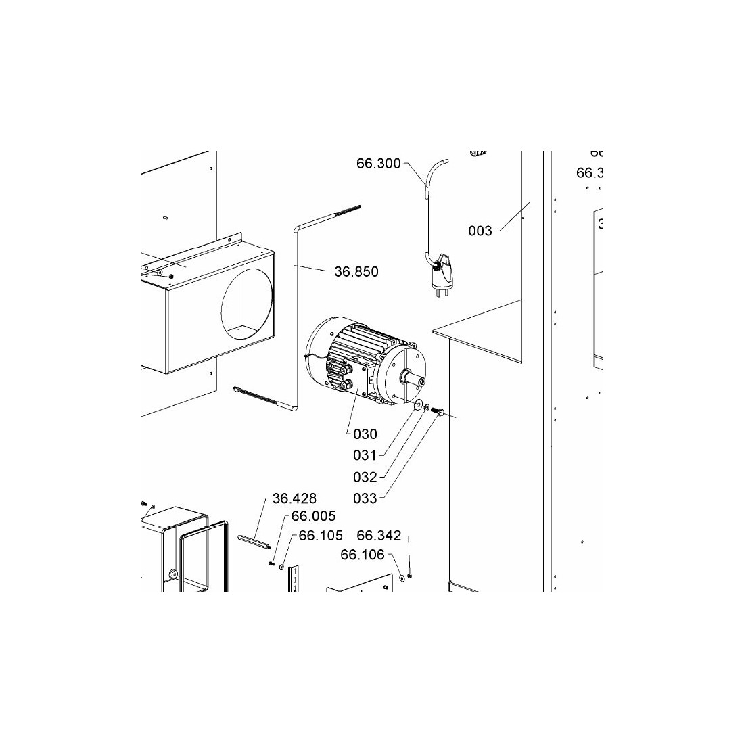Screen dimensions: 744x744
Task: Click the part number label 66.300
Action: click(x=379, y=163)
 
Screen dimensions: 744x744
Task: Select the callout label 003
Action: click(x=480, y=231)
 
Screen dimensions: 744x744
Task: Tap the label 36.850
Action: click(x=356, y=272)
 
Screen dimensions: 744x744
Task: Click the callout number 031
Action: click(x=365, y=456)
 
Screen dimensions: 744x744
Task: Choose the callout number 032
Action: click(x=365, y=478)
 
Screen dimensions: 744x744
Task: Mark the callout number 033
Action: click(x=365, y=499)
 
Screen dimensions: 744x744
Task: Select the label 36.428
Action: click(x=294, y=499)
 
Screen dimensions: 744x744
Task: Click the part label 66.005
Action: click(x=313, y=517)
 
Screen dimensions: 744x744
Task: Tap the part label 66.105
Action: click(x=321, y=536)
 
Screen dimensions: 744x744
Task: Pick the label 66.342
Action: click(x=379, y=536)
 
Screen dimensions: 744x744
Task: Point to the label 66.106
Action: click(x=363, y=555)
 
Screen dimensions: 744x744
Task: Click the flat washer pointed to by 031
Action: click(x=418, y=404)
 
